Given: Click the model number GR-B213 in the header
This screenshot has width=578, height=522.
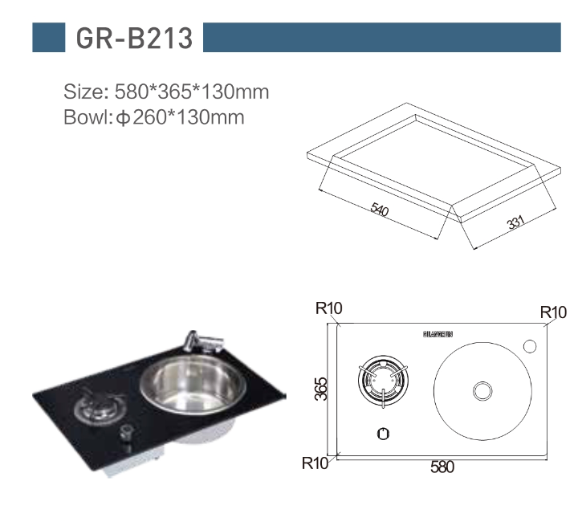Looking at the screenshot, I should (134, 38).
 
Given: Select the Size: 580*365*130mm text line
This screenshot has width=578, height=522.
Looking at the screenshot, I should (166, 92).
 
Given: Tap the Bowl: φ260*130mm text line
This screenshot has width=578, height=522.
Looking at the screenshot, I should (153, 118).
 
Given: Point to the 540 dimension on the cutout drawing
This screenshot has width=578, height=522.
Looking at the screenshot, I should (380, 211).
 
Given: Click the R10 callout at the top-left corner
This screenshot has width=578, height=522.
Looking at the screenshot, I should (329, 308).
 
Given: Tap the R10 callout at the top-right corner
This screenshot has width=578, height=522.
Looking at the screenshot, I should (553, 312).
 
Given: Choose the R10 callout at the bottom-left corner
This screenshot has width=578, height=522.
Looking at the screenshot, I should (315, 463).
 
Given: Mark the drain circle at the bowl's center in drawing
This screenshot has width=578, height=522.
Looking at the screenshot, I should (482, 391).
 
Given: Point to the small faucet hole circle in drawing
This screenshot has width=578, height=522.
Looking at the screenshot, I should (530, 346).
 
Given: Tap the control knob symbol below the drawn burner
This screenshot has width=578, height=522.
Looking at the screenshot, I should (384, 434).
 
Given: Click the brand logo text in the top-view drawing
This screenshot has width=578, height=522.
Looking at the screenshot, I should (438, 332).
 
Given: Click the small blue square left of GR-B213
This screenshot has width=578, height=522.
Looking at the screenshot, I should (48, 38).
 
